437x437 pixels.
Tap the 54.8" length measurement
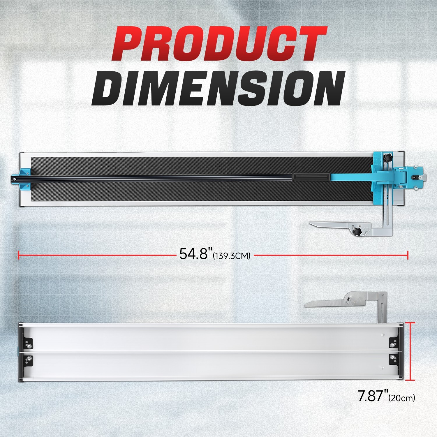[x=194, y=254]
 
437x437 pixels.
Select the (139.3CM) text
[x=232, y=256]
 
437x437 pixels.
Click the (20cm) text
[x=402, y=398]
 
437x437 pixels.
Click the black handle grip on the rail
[x=311, y=177]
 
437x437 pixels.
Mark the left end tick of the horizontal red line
[x=19, y=255]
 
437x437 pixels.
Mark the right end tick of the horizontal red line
[x=408, y=255]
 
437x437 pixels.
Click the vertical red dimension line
[x=410, y=351]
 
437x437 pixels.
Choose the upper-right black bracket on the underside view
[x=393, y=344]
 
